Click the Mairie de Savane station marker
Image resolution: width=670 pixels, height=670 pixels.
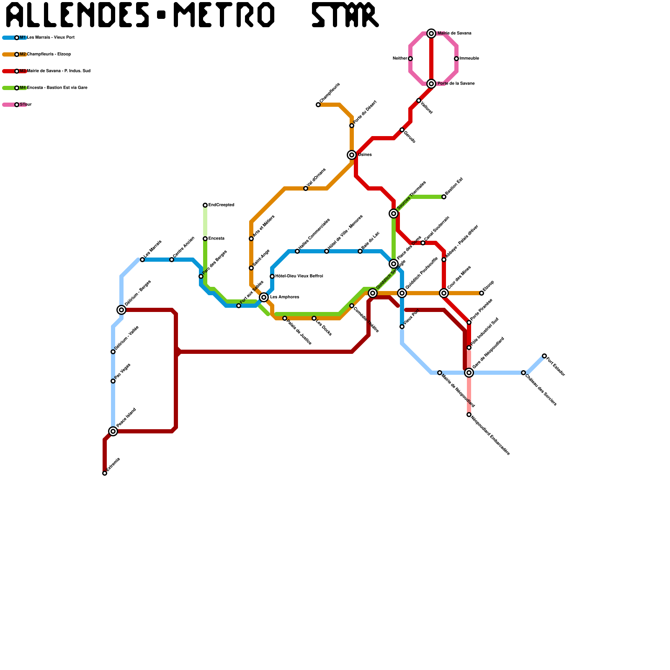(x=431, y=33)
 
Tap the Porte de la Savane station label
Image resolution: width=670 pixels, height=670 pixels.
(x=456, y=84)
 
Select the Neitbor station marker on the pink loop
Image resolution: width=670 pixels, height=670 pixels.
(x=410, y=59)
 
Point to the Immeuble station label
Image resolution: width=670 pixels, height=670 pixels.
(x=469, y=59)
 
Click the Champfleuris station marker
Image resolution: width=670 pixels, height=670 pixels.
(x=318, y=105)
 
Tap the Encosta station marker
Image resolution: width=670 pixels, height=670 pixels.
(x=205, y=239)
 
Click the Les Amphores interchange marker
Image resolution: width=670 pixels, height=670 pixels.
(x=264, y=297)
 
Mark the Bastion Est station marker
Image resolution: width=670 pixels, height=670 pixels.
(x=444, y=197)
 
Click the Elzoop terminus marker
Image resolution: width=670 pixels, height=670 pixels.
(x=482, y=293)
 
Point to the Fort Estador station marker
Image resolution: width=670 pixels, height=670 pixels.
(x=544, y=356)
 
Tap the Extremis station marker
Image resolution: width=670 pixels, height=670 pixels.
(x=105, y=473)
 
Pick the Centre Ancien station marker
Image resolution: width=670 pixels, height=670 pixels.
(x=172, y=260)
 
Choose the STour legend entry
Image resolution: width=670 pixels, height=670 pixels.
(x=25, y=105)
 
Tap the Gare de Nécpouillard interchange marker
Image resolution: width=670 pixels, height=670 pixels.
(x=469, y=373)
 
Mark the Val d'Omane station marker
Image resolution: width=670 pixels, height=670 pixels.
(x=306, y=188)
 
